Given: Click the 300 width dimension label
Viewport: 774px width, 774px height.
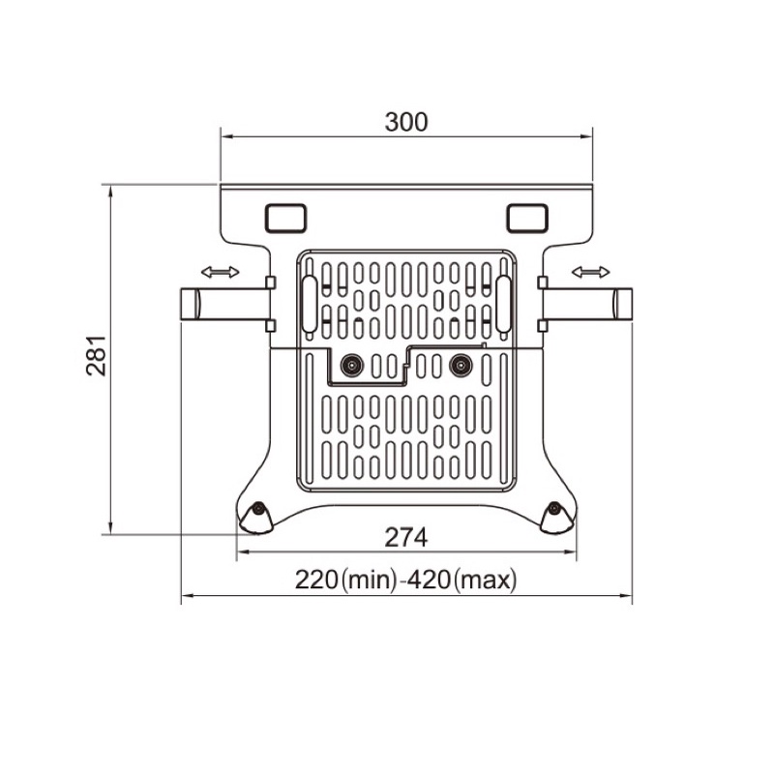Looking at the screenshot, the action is click(x=405, y=123).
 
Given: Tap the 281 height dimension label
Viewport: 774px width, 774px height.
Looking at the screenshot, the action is click(x=96, y=355).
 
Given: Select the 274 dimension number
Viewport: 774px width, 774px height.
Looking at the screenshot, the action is click(x=405, y=538).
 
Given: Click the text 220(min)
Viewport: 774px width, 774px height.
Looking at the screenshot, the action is click(x=346, y=580).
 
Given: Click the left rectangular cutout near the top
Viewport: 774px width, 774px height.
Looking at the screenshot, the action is click(x=285, y=218).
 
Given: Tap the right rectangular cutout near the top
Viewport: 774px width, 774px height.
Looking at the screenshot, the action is click(x=527, y=218).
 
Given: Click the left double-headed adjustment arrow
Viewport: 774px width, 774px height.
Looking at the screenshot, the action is click(x=221, y=272).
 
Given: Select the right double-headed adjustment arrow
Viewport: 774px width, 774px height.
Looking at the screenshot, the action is click(x=591, y=272).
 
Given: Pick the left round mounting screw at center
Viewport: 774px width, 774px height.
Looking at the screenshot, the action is click(x=352, y=366).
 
